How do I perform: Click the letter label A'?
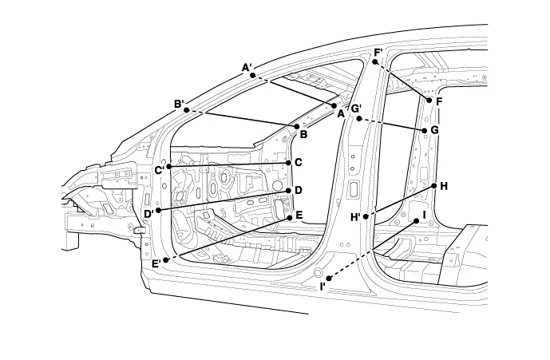(247, 67)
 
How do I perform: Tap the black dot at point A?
(334, 105)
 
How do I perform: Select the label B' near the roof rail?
(180, 103)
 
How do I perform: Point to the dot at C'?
(169, 167)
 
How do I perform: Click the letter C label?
(298, 162)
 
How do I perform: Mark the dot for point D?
(288, 191)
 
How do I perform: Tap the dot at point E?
(289, 216)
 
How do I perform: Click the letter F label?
(439, 101)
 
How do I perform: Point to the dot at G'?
(358, 119)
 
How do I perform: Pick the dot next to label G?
(423, 129)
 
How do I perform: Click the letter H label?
(444, 186)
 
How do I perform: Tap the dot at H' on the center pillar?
(365, 216)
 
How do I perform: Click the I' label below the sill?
(323, 286)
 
